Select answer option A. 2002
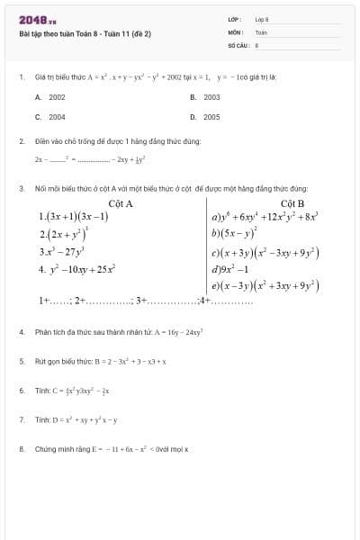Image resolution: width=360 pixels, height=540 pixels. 51,96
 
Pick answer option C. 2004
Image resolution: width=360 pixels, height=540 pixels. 51,117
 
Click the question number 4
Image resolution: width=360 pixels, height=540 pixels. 21,332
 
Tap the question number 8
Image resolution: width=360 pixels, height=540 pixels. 21,447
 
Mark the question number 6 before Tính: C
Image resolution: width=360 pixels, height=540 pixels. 21,391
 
